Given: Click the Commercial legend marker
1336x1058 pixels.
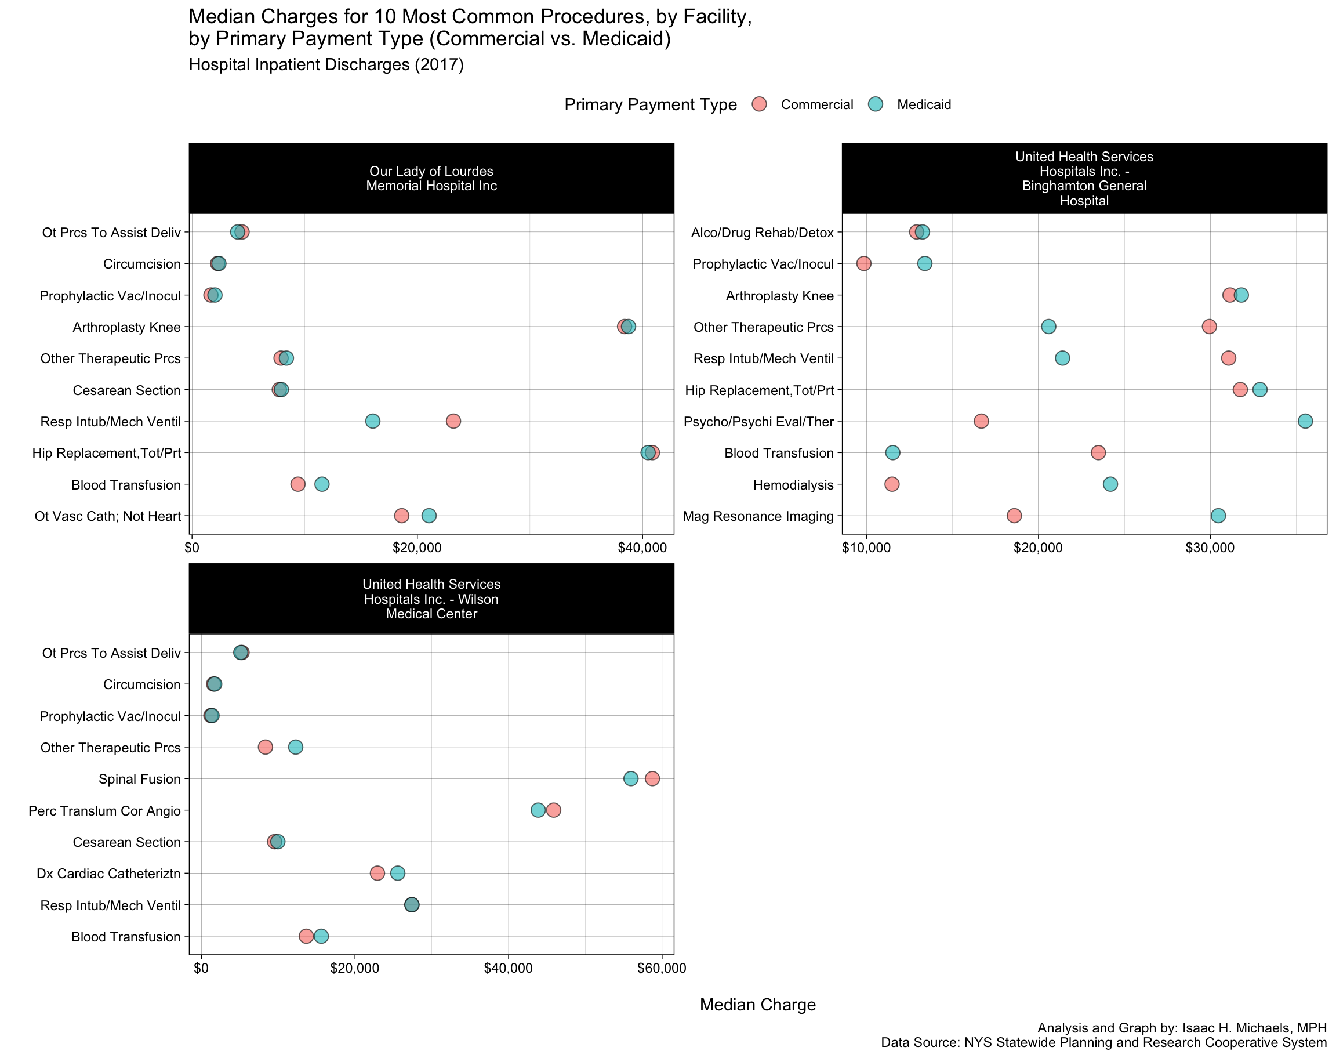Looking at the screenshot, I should pyautogui.click(x=759, y=104).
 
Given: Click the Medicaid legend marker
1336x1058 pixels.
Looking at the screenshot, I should pyautogui.click(x=876, y=104).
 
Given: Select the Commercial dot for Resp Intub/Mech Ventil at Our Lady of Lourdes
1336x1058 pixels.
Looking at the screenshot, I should pyautogui.click(x=453, y=421).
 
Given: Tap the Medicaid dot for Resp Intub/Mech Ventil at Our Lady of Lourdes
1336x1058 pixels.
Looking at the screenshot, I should pyautogui.click(x=373, y=421).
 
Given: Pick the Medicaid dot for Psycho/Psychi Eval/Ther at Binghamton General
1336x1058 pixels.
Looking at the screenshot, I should pyautogui.click(x=1305, y=421).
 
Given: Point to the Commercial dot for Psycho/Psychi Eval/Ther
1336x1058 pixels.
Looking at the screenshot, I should pyautogui.click(x=981, y=421).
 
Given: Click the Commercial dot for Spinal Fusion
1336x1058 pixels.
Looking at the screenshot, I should pyautogui.click(x=652, y=778).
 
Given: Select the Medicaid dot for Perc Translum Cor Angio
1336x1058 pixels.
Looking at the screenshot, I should pyautogui.click(x=538, y=810).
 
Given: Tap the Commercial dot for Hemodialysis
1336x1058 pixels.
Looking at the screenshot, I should pyautogui.click(x=891, y=484).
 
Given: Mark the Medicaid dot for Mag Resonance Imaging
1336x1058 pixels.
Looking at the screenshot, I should pyautogui.click(x=1218, y=516).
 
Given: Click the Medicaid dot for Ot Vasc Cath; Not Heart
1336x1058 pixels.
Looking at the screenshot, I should pyautogui.click(x=429, y=516).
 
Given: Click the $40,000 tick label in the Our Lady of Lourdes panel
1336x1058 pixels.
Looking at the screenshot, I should pyautogui.click(x=642, y=548).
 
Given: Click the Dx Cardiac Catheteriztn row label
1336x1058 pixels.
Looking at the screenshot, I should pyautogui.click(x=108, y=874).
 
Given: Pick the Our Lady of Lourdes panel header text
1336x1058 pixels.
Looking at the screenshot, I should pyautogui.click(x=431, y=179).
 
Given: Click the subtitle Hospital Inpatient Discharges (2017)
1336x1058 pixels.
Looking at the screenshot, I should pyautogui.click(x=326, y=65).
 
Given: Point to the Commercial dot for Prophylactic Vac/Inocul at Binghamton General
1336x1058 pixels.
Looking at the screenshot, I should pyautogui.click(x=863, y=264).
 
